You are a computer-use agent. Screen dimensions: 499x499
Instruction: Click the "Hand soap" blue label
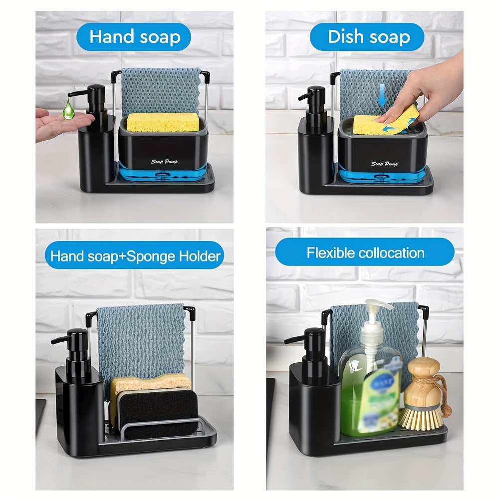click(x=134, y=37)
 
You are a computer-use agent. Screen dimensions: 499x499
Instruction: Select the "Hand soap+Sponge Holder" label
click(x=135, y=256)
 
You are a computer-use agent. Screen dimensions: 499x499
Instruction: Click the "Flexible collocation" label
click(x=365, y=252)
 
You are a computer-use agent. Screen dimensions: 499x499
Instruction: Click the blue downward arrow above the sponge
click(x=382, y=95)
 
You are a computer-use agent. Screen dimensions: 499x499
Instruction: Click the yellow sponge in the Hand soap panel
click(x=163, y=122)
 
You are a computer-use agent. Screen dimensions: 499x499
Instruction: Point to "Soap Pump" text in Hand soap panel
click(x=165, y=161)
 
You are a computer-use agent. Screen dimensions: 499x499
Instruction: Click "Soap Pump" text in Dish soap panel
click(x=385, y=164)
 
